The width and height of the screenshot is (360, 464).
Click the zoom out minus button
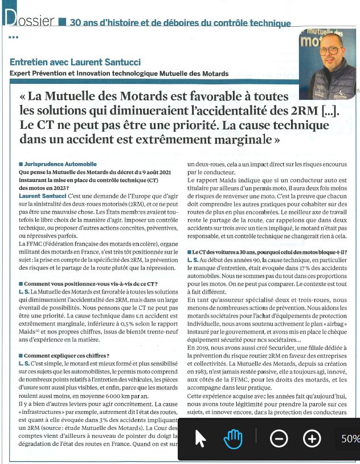coord(279,438)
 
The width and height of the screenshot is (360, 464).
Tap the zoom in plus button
coord(312,438)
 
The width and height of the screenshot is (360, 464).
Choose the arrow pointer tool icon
coord(201,438)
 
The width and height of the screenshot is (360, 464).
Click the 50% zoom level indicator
coord(349,438)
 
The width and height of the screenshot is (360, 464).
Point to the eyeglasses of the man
coord(329,51)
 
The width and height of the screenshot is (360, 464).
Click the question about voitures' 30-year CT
coord(270,252)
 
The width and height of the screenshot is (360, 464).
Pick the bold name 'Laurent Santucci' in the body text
coord(42,196)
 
